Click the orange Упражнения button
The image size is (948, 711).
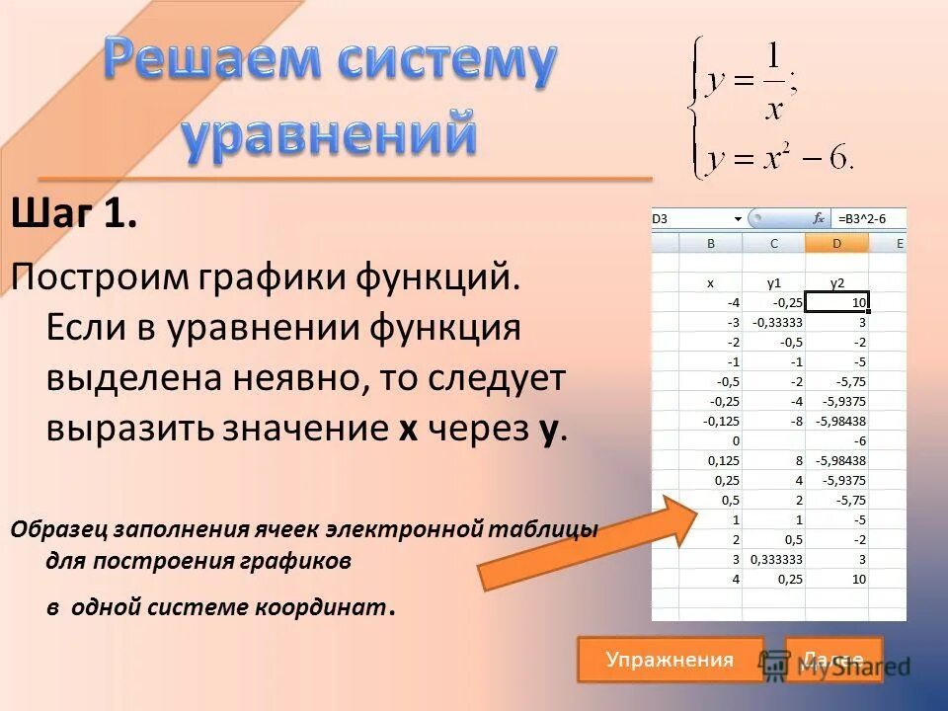(x=670, y=660)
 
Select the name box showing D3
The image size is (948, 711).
(x=691, y=218)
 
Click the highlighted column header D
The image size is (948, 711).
(x=836, y=243)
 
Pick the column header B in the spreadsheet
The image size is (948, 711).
(x=711, y=243)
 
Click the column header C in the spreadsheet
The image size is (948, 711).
(x=773, y=243)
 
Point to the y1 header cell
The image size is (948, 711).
(x=773, y=282)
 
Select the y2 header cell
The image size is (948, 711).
(x=836, y=282)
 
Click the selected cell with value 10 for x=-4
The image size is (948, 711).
(x=837, y=302)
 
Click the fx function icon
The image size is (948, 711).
(x=819, y=218)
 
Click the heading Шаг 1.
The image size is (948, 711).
(x=74, y=214)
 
